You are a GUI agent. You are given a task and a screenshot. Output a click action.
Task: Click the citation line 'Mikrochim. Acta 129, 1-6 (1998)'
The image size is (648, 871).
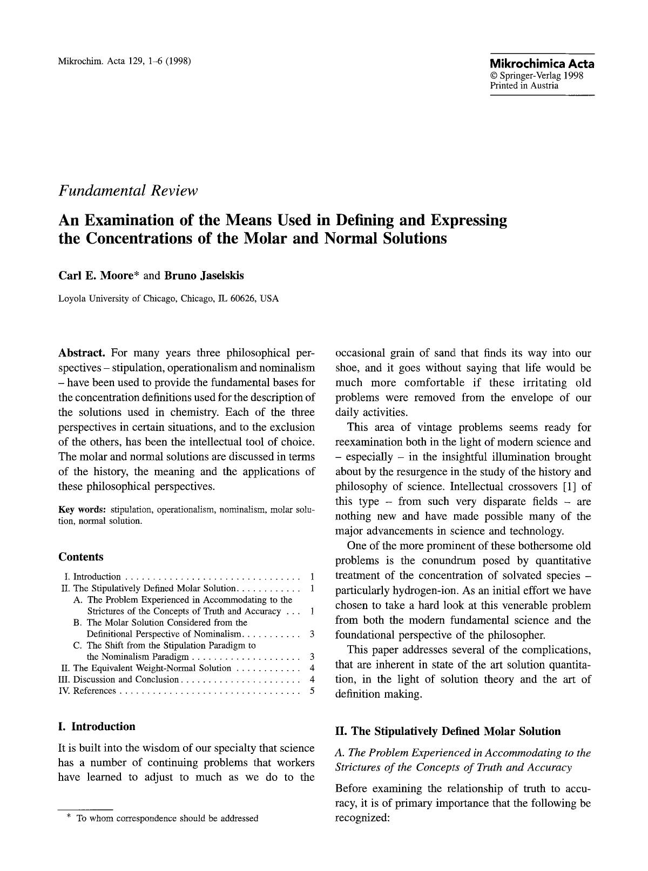[x=125, y=60]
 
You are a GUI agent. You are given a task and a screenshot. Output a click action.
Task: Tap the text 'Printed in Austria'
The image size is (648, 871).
[x=524, y=86]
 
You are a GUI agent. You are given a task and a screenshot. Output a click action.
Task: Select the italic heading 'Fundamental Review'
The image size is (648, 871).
[x=129, y=191]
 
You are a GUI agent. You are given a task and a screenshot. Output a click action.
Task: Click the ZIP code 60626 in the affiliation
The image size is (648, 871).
[x=244, y=299]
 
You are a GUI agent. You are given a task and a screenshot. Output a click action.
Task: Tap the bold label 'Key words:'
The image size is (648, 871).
[x=83, y=510]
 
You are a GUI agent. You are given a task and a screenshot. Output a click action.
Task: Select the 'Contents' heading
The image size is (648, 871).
[x=80, y=557]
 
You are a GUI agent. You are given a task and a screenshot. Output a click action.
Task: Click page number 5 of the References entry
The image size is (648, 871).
[x=312, y=691]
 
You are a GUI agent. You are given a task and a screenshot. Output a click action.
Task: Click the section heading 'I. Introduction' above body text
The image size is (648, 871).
[x=97, y=726]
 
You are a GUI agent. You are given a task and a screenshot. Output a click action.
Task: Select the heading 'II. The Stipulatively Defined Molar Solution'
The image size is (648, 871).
[x=448, y=732]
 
